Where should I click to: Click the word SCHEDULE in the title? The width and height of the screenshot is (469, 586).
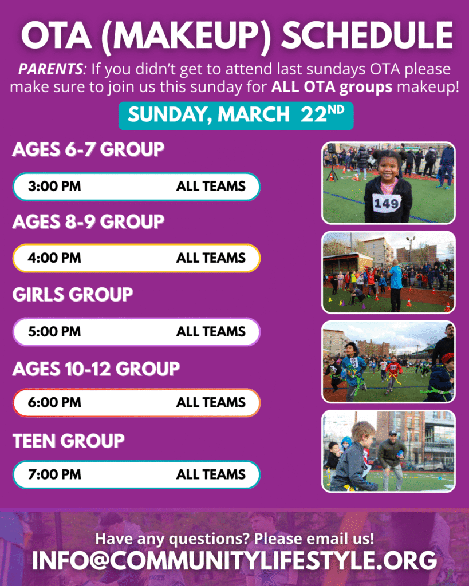[x=367, y=35]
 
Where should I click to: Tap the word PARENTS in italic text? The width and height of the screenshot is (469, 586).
[x=50, y=69]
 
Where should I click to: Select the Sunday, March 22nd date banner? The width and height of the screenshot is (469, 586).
[x=236, y=116]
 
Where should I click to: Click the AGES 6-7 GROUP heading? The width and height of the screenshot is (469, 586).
[x=88, y=149]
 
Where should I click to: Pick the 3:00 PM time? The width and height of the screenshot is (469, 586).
[x=54, y=186]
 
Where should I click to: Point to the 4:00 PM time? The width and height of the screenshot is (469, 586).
[x=54, y=258]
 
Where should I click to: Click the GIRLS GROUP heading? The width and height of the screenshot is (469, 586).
[x=73, y=295]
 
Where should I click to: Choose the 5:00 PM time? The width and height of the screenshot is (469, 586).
[x=54, y=331]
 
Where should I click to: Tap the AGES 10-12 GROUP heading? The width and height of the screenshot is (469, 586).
[x=96, y=369]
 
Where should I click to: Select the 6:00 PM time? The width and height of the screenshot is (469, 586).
[x=54, y=402]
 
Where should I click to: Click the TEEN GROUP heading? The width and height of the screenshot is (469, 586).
[x=69, y=441]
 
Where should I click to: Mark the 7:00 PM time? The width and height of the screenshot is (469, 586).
[x=54, y=474]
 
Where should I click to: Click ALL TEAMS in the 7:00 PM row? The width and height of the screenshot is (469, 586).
[x=211, y=474]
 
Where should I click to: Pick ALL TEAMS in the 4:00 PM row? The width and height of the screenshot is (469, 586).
[x=211, y=258]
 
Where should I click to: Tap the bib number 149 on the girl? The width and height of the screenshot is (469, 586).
[x=387, y=204]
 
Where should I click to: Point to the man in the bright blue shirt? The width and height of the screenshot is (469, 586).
[x=395, y=286]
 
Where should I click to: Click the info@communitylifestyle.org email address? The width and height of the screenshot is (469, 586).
[x=235, y=561]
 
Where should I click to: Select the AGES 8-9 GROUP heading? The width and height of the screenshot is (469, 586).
[x=88, y=221]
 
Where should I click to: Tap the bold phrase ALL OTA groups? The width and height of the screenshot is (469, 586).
[x=332, y=87]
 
